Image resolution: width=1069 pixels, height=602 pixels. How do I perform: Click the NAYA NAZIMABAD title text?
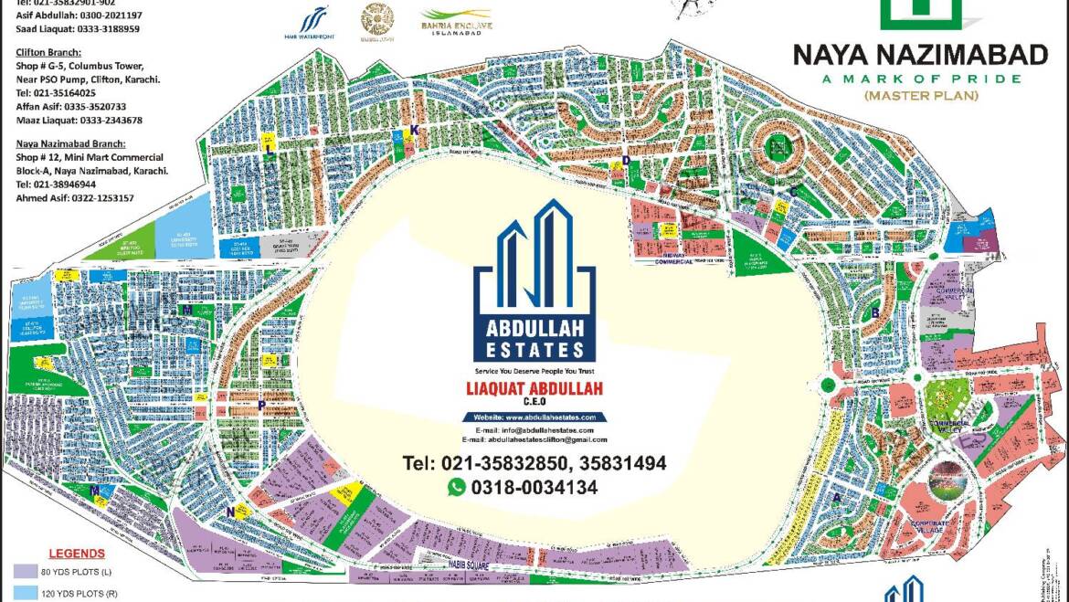(920, 56)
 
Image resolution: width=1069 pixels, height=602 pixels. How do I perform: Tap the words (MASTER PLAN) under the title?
(920, 95)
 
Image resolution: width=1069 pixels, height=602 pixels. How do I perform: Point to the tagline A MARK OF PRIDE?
(920, 79)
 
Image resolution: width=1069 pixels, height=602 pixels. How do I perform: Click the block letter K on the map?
(414, 132)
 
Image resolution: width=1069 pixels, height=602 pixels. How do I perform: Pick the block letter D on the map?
(626, 161)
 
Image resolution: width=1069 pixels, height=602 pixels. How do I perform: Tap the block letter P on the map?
(261, 405)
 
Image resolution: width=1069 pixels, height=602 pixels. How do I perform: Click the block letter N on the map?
(229, 512)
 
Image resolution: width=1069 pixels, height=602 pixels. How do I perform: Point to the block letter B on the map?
(874, 312)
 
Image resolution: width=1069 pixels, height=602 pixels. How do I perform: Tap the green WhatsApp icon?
(456, 488)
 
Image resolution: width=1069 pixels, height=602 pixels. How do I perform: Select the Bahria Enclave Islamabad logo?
(456, 21)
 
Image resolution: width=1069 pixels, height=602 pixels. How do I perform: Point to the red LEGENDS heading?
(77, 554)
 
